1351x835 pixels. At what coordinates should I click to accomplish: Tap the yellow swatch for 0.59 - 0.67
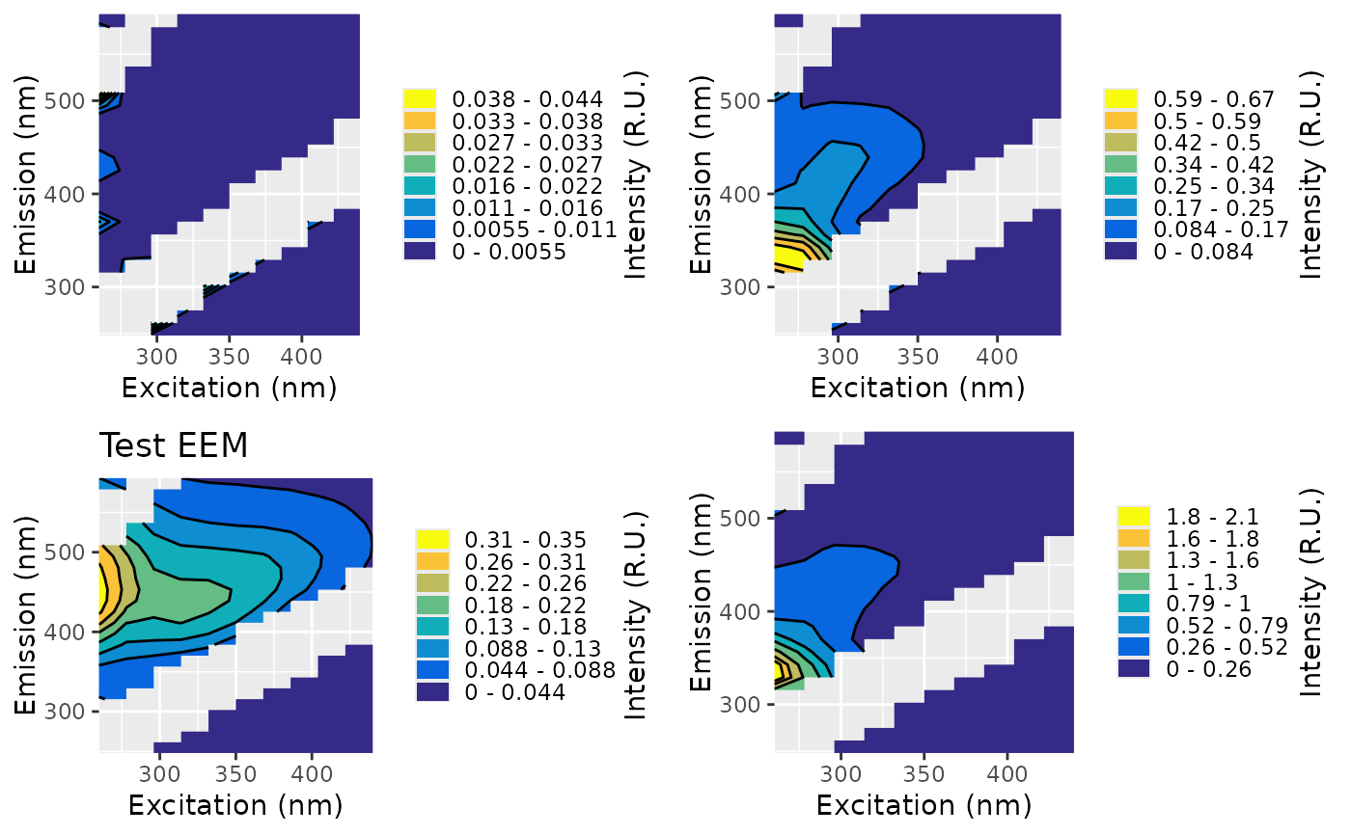(x=1120, y=98)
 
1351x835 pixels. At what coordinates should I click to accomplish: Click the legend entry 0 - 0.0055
(x=510, y=252)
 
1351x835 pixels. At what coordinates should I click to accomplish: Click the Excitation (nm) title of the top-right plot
(x=917, y=388)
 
